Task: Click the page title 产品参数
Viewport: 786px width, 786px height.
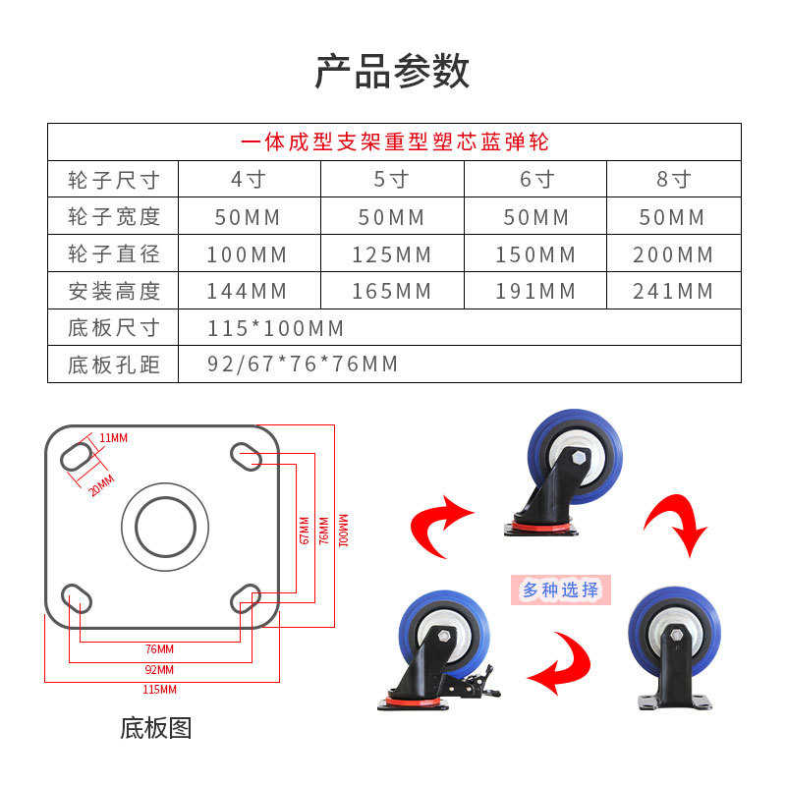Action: [x=393, y=72]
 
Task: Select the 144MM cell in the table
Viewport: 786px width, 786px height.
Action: [x=247, y=291]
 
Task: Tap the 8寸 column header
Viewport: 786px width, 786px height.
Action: [x=673, y=180]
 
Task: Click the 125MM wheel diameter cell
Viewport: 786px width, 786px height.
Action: [x=392, y=254]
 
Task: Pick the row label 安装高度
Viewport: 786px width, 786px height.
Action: [x=114, y=291]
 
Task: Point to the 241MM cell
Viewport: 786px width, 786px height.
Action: [x=673, y=291]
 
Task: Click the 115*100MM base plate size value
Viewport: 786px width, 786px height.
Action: [x=276, y=327]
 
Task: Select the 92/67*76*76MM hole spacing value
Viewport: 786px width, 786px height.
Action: [x=303, y=365]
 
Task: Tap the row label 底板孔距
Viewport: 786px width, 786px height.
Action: [x=114, y=365]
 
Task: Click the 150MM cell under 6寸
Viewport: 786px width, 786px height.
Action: [x=535, y=254]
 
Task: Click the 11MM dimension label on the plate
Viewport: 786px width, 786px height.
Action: [x=113, y=438]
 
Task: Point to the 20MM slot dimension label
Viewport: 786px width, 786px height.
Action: [x=101, y=484]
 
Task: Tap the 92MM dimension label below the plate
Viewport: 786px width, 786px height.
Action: [x=158, y=669]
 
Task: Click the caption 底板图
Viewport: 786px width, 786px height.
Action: [x=155, y=728]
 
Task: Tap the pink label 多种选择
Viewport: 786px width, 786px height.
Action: [x=560, y=589]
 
